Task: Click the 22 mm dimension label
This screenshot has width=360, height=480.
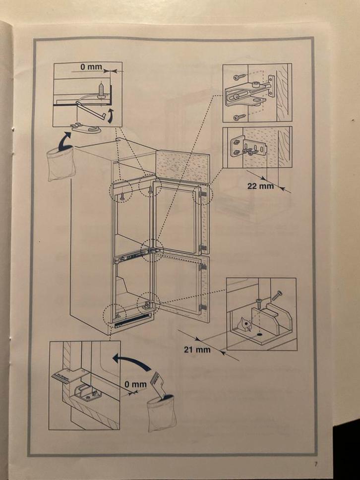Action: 260,186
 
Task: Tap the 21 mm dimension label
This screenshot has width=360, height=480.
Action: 197,350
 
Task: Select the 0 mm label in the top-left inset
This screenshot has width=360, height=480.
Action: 91,66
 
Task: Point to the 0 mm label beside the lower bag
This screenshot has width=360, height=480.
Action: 135,384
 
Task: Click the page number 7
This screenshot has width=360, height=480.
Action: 315,465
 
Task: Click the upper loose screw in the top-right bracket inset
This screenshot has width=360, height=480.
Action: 239,77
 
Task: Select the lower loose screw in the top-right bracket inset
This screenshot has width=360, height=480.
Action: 239,117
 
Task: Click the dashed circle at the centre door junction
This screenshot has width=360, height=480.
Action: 152,249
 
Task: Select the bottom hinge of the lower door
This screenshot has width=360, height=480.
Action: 202,307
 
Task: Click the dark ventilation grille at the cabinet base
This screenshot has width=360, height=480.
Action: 132,323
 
